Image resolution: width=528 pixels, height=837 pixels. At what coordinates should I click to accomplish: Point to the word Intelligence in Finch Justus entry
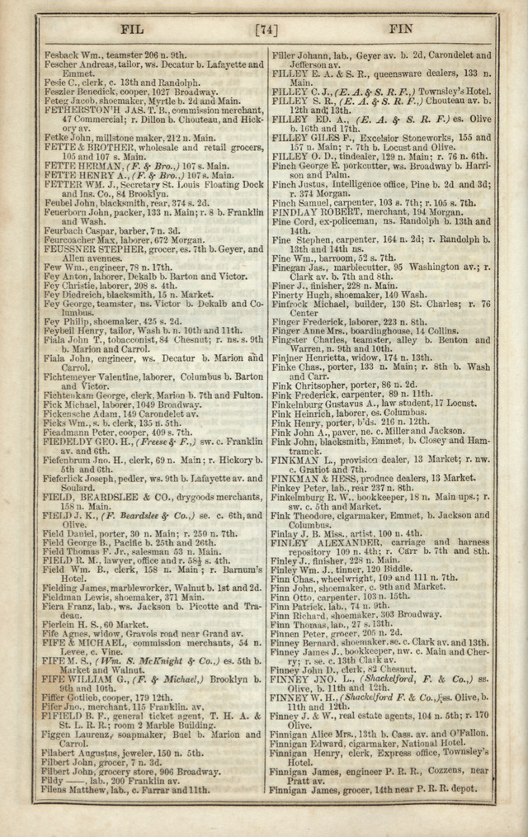click(x=356, y=185)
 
